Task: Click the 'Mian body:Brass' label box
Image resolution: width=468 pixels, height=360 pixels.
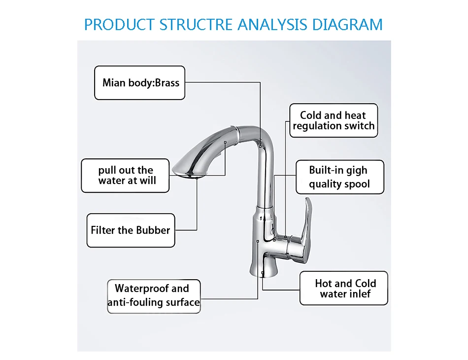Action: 140,82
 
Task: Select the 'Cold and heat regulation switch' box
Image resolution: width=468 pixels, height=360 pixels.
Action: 333,120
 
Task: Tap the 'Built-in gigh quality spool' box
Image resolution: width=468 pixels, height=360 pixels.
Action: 339,177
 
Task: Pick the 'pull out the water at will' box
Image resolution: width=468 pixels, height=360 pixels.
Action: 126,176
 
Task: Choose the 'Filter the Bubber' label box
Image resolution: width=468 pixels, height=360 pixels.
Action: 131,230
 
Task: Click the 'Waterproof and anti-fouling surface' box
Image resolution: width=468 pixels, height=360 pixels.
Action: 154,295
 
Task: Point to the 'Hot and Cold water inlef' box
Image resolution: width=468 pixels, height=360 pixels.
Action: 344,288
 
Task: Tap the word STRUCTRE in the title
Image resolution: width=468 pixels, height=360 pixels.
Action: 196,24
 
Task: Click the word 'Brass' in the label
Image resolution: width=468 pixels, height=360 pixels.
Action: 167,82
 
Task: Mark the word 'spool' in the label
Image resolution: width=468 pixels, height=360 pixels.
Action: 356,184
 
